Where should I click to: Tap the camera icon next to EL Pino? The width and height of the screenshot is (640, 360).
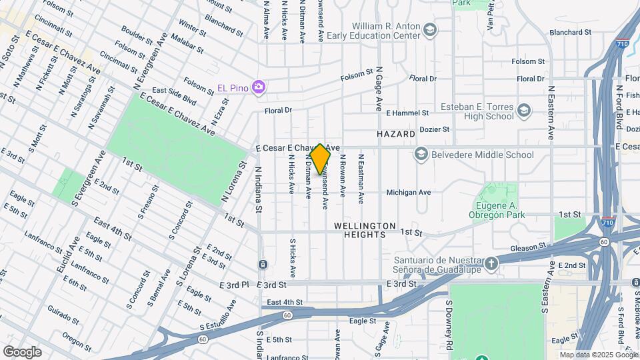259,87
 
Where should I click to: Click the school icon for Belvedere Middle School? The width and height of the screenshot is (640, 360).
420,155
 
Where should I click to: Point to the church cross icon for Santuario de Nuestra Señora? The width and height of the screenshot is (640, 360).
491,263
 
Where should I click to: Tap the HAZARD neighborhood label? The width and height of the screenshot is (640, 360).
396,134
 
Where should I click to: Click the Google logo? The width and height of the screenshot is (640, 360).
22,352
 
